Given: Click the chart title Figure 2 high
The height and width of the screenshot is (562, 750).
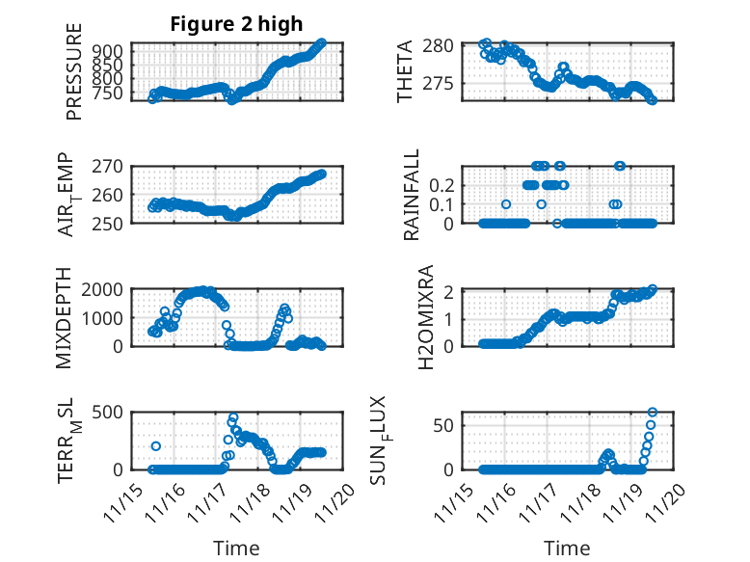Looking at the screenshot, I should coord(235,24).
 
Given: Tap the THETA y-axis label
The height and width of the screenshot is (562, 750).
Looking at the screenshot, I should coord(405,71).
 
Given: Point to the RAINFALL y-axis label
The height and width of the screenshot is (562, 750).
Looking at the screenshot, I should coord(412,194).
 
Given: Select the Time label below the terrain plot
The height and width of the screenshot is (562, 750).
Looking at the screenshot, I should coord(235,549).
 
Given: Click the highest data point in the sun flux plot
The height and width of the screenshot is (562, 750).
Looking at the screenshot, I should coord(653,413).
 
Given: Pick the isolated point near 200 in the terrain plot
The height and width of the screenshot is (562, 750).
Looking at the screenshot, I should coord(156,446).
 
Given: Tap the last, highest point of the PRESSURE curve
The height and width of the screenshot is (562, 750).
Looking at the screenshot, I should coord(322,42).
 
